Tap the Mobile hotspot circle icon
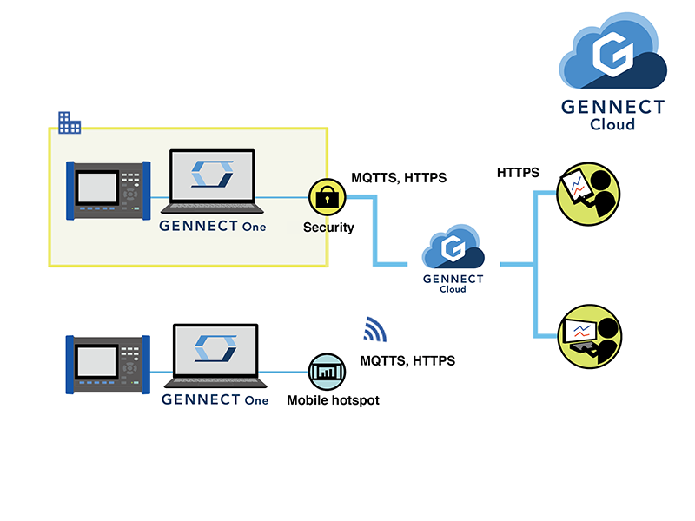pyautogui.click(x=328, y=372)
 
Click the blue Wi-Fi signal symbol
pyautogui.click(x=374, y=330)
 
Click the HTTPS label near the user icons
pyautogui.click(x=518, y=173)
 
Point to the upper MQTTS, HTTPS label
pyautogui.click(x=399, y=178)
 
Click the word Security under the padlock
pyautogui.click(x=328, y=228)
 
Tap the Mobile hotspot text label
pyautogui.click(x=334, y=401)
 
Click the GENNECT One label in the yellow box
pyautogui.click(x=213, y=227)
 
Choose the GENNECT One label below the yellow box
pyautogui.click(x=215, y=400)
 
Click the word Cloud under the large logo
pyautogui.click(x=612, y=124)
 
